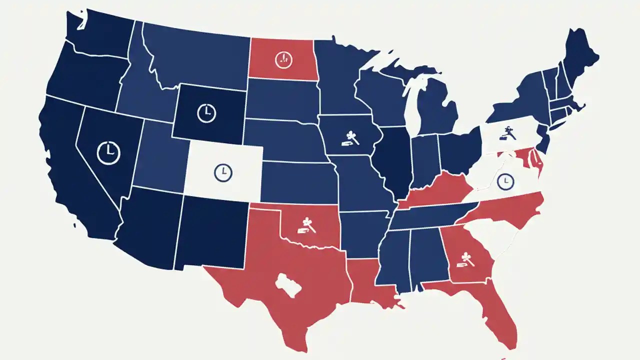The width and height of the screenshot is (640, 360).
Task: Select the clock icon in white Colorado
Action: (223, 173)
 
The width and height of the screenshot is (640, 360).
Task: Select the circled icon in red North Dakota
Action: (283, 59)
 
